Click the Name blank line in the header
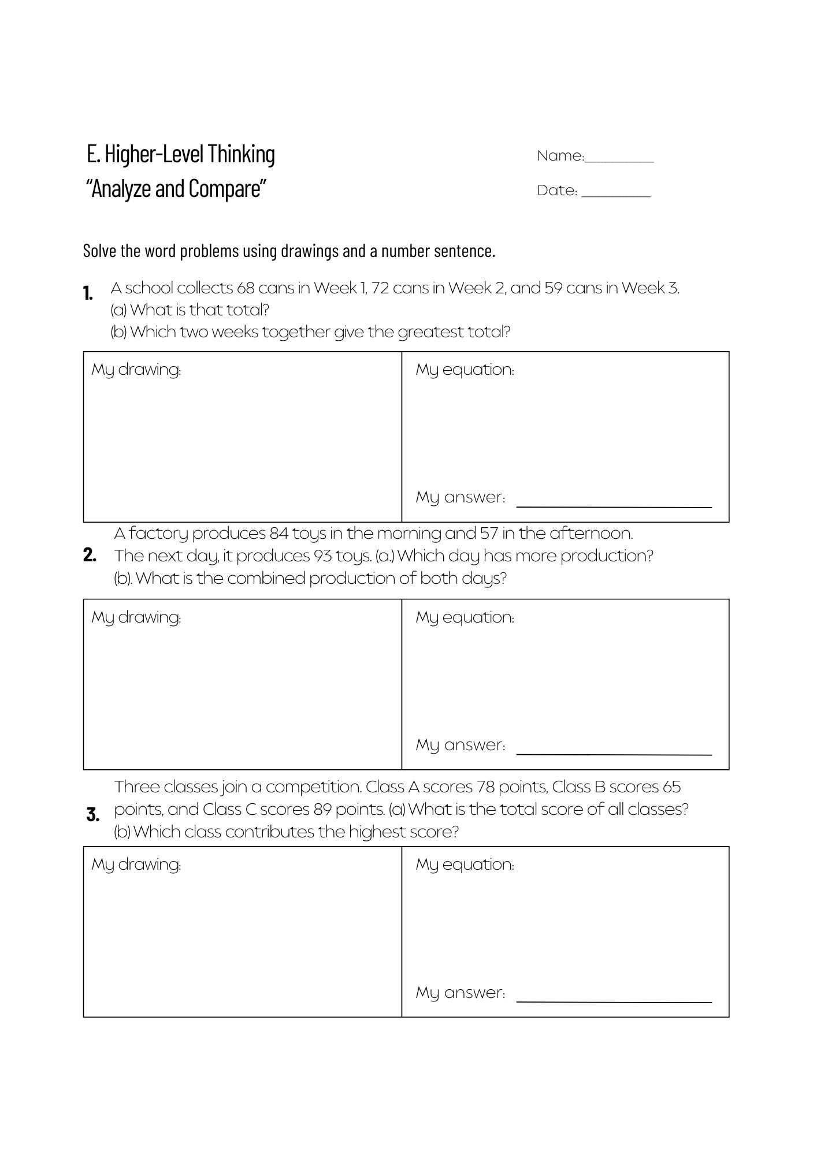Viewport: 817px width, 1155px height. (x=619, y=162)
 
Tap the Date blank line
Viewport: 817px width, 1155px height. (x=616, y=196)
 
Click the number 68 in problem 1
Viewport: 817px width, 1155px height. (x=246, y=288)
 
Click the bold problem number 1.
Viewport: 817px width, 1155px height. (x=88, y=293)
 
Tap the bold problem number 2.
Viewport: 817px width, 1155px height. (x=90, y=555)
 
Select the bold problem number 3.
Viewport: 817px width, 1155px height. (x=92, y=815)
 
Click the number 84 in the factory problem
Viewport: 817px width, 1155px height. (x=279, y=533)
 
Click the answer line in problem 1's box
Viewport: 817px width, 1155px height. (x=614, y=506)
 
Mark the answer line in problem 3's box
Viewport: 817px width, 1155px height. (x=614, y=1002)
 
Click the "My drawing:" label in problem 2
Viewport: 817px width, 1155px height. (x=136, y=617)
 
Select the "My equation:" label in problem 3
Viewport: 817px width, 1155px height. (x=465, y=865)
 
